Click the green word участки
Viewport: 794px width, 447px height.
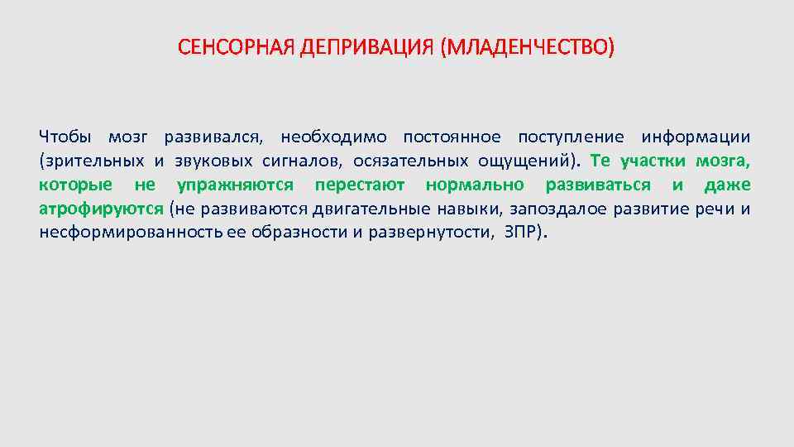pyautogui.click(x=651, y=161)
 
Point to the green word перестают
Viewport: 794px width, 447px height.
pyautogui.click(x=360, y=185)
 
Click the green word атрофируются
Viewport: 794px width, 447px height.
pyautogui.click(x=101, y=209)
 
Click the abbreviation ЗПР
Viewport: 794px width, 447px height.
pyautogui.click(x=521, y=233)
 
